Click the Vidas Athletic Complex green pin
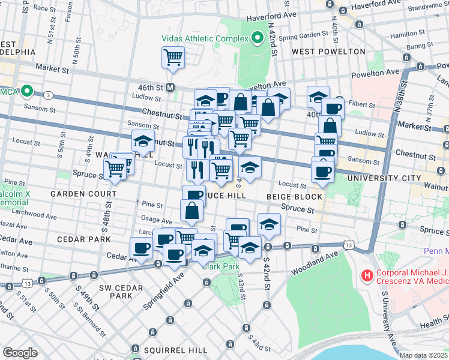(258, 38)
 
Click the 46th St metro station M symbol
(170, 87)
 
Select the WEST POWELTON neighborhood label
(328, 52)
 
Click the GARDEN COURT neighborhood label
(83, 194)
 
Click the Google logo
(20, 352)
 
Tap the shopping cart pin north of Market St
(173, 58)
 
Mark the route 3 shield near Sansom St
(48, 95)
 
